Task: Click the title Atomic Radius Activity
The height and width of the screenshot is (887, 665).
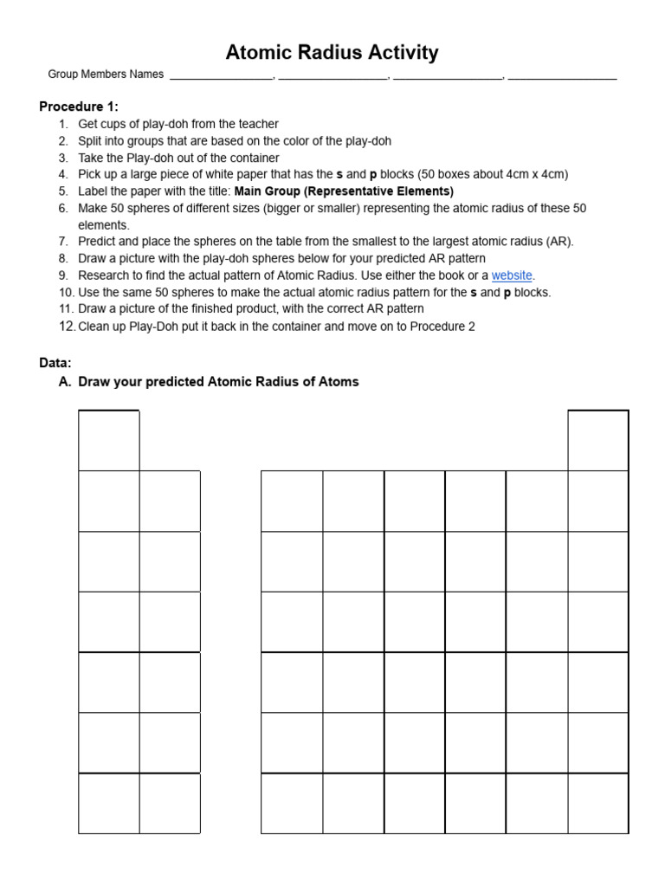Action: pyautogui.click(x=332, y=53)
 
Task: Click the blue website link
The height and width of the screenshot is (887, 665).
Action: pyautogui.click(x=512, y=275)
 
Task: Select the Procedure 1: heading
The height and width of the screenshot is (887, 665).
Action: pyautogui.click(x=79, y=107)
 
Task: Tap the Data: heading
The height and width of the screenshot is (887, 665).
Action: pyautogui.click(x=55, y=362)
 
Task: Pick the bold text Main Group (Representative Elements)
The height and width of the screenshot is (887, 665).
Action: pyautogui.click(x=344, y=191)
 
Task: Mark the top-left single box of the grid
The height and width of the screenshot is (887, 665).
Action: pyautogui.click(x=109, y=441)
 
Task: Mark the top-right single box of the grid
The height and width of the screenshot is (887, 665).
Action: pyautogui.click(x=598, y=441)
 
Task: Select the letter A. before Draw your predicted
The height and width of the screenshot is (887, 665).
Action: pyautogui.click(x=66, y=382)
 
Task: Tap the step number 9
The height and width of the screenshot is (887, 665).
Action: pyautogui.click(x=63, y=275)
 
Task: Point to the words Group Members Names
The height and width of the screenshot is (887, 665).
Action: pyautogui.click(x=106, y=74)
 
